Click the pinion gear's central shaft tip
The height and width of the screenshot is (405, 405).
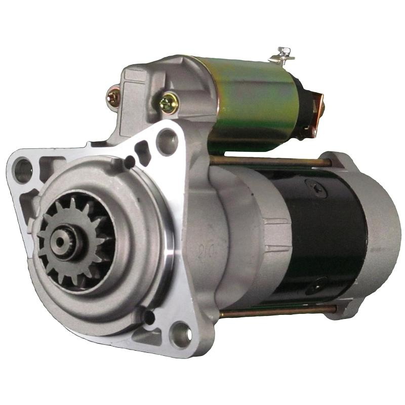click(x=60, y=242)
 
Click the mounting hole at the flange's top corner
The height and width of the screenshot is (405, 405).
click(x=167, y=137)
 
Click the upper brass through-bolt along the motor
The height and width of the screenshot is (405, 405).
click(x=268, y=161)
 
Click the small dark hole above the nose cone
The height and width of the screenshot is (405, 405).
click(x=130, y=163)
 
